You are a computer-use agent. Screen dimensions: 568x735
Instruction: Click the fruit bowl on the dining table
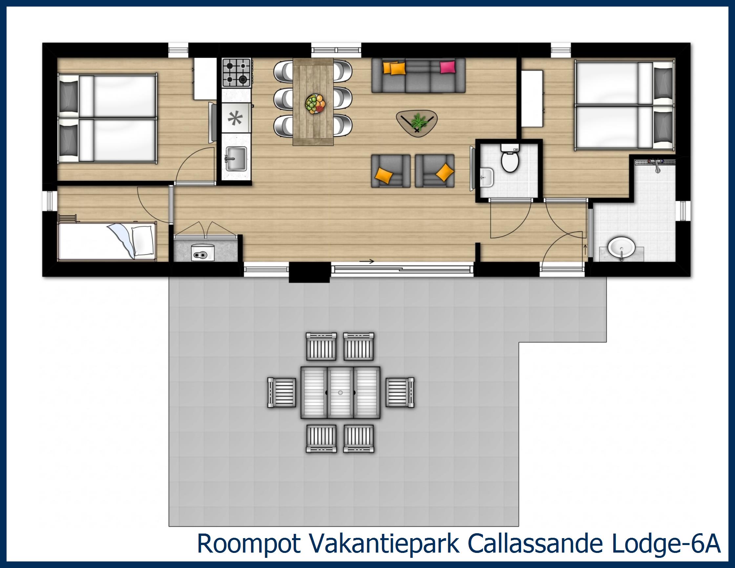point(315,104)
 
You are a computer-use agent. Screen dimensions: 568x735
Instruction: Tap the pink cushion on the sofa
point(447,67)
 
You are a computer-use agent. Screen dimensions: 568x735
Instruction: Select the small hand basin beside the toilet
point(486,176)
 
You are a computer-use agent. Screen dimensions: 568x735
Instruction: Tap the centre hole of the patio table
point(340,393)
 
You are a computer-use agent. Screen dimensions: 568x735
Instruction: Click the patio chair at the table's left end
point(282,393)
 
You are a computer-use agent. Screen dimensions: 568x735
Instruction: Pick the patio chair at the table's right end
point(399,393)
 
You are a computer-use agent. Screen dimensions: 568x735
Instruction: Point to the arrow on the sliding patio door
point(367,261)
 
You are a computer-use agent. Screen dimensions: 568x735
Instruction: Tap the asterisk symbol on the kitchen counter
point(235,119)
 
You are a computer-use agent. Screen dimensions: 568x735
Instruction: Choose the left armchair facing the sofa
point(390,171)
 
